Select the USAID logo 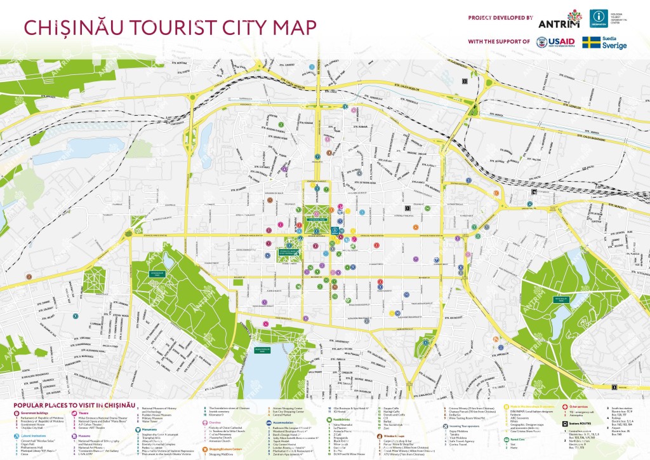pyautogui.click(x=557, y=42)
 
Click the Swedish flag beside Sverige pyautogui.click(x=592, y=42)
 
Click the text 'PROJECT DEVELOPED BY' pyautogui.click(x=500, y=17)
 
